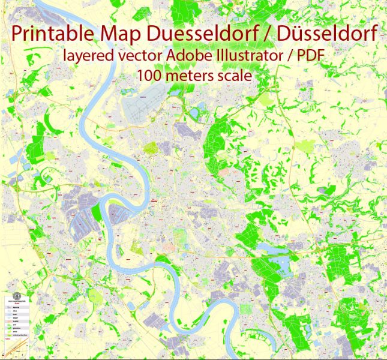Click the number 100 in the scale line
click(x=149, y=77)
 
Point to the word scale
click(x=234, y=77)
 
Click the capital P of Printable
click(x=17, y=35)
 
